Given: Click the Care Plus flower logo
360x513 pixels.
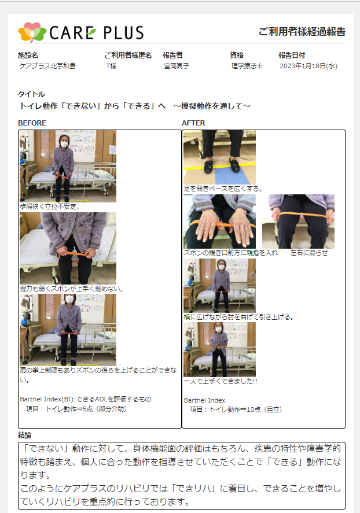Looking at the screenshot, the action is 32,32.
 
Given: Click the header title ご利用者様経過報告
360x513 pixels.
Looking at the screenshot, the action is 302,31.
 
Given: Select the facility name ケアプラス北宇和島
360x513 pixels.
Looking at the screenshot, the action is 47,66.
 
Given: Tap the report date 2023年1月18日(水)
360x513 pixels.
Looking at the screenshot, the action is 308,66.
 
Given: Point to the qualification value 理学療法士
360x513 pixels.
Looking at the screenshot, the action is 247,66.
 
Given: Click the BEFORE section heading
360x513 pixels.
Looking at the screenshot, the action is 32,123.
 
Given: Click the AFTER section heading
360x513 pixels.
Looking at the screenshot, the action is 193,123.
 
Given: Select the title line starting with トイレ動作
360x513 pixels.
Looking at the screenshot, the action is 135,106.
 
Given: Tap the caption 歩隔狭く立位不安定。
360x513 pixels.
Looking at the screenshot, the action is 49,206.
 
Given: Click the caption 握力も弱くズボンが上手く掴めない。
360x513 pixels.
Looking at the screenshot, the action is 71,289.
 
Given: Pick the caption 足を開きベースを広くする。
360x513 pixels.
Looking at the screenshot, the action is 223,189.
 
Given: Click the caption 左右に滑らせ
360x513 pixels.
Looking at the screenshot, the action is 308,253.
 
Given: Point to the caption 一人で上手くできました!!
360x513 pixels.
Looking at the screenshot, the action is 221,381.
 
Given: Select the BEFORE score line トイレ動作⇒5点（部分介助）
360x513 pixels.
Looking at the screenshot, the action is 76,409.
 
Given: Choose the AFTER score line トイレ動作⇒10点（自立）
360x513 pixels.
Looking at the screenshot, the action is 236,409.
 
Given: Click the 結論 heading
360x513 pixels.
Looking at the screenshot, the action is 25,435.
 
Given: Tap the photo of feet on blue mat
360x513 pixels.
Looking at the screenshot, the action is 219,157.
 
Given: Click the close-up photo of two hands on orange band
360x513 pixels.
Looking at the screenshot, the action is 219,222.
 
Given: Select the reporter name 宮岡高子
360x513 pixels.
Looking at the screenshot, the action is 177,66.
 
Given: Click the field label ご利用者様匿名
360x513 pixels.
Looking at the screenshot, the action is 128,56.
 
